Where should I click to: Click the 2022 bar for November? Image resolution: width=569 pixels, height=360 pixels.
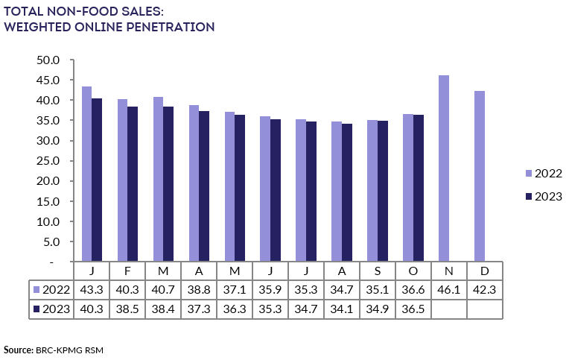coord(444,168)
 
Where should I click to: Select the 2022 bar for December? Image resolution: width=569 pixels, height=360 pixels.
coord(480,176)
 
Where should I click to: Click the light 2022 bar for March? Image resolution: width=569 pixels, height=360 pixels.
coord(158,179)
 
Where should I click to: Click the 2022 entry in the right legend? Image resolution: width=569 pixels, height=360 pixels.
coord(544,173)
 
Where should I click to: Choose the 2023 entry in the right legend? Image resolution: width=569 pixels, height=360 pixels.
coord(544,196)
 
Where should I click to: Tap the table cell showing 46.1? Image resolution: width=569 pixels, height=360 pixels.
coord(449,289)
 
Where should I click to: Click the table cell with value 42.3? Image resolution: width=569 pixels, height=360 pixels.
coord(485,289)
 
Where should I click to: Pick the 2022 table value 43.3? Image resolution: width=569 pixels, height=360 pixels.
coord(92,289)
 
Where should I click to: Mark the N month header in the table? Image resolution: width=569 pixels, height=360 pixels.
coord(449,271)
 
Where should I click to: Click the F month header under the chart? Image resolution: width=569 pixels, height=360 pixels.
coord(127,271)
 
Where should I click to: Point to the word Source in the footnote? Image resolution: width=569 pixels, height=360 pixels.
coord(17,350)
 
